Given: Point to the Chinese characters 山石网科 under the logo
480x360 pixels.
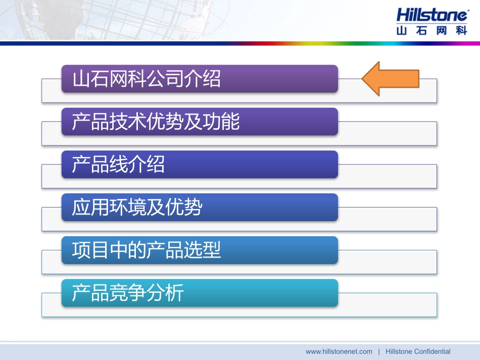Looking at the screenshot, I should [432, 30].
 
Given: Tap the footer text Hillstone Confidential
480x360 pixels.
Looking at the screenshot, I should [418, 351].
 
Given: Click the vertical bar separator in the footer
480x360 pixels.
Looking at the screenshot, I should [379, 351].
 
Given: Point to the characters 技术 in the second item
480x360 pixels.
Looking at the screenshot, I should [128, 122].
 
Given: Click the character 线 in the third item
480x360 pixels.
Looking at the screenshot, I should [119, 165].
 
